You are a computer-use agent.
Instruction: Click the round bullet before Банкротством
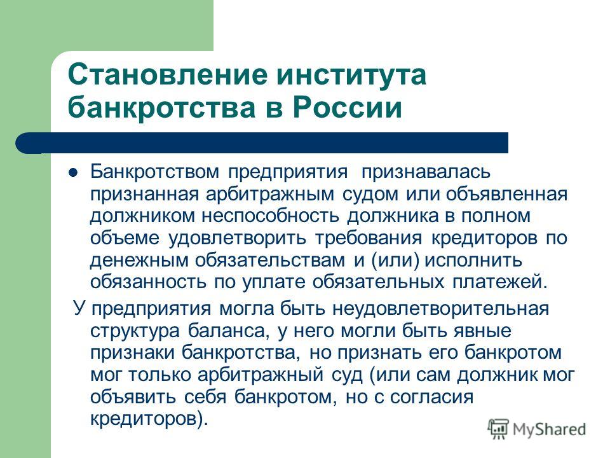72,172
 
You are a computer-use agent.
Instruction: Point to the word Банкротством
155,172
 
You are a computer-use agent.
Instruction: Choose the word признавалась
426,172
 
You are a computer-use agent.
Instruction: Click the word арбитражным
270,195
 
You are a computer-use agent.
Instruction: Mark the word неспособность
271,216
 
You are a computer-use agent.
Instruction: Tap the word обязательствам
270,260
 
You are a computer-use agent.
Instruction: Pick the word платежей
500,282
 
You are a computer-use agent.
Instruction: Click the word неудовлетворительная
441,309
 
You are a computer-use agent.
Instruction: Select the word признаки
132,353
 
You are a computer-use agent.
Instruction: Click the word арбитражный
261,375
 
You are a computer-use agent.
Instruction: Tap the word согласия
432,397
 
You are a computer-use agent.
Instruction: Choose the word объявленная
506,195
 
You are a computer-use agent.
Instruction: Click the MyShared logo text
549,429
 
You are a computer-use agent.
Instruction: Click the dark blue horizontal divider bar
262,143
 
